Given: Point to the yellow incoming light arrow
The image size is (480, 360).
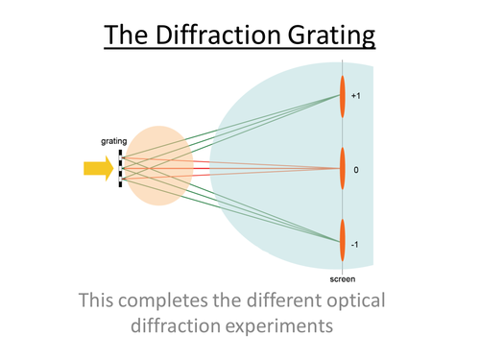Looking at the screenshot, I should point(97,170).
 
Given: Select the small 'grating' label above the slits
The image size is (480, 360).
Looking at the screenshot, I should point(114,140).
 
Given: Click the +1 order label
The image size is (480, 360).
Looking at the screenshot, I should point(356,97).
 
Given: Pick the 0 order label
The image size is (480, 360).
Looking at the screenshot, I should point(355,170).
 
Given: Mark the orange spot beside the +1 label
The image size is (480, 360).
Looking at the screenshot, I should point(342,96).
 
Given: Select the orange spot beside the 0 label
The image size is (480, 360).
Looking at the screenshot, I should point(342,169).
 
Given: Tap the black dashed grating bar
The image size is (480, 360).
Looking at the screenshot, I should point(120,170).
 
